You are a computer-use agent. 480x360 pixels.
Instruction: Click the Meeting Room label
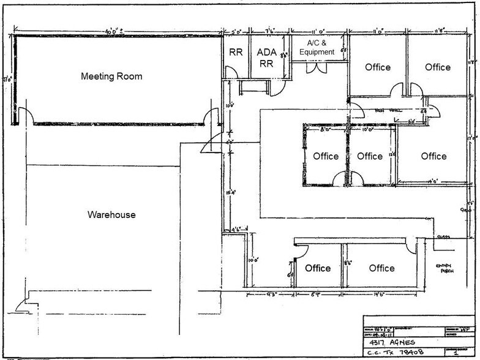[x=111, y=77]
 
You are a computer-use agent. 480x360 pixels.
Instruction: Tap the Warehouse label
[x=111, y=215]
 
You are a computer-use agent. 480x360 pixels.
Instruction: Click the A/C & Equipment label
[x=317, y=48]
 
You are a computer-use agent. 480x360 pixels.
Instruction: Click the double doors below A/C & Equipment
[x=319, y=67]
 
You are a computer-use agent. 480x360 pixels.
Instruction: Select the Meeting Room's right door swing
[x=212, y=115]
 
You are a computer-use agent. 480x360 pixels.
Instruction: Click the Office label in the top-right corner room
[x=438, y=67]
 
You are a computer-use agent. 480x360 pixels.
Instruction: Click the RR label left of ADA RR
[x=236, y=53]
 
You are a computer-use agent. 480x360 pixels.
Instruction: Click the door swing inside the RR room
[x=231, y=72]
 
